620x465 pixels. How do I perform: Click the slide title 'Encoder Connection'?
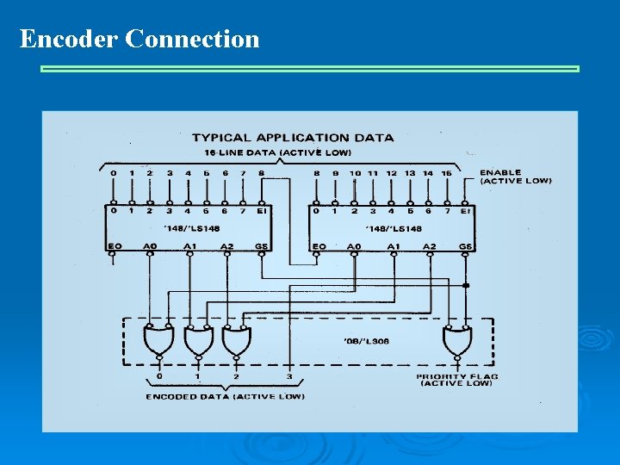(139, 39)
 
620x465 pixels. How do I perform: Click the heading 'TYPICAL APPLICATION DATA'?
(293, 137)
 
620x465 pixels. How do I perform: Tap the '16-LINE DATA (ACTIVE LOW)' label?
(277, 152)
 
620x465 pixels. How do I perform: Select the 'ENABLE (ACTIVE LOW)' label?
(515, 177)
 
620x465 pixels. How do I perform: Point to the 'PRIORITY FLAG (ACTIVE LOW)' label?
(457, 380)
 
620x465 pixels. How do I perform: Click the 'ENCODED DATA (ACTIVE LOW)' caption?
(225, 397)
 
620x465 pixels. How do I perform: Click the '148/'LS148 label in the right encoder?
(394, 228)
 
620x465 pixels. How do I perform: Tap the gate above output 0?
(159, 343)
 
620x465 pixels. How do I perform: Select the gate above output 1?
(198, 343)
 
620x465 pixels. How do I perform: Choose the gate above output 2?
(237, 343)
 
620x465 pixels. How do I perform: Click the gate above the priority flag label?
(457, 343)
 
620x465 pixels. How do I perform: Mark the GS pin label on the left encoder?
(262, 246)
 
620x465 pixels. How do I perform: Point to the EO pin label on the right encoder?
(317, 246)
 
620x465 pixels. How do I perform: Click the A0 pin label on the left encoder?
(150, 246)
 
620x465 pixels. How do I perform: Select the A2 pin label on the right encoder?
(429, 246)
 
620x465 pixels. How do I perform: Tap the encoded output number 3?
(289, 376)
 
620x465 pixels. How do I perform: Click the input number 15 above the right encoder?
(446, 173)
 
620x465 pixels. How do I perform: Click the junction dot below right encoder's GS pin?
(466, 285)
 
